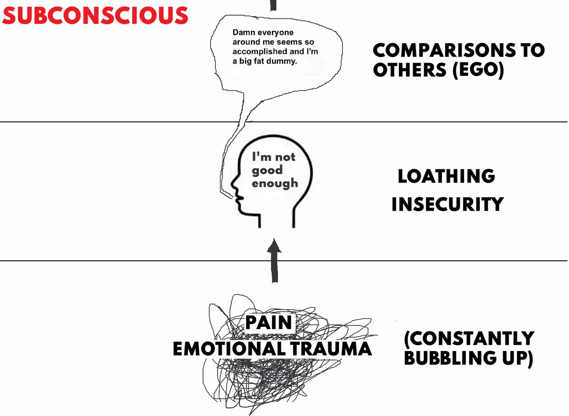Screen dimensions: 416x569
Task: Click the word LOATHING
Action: [x=446, y=177]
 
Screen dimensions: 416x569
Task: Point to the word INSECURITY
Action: [x=447, y=204]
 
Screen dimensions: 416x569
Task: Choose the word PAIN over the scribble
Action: [x=268, y=323]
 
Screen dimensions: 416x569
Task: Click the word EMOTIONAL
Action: [x=228, y=349]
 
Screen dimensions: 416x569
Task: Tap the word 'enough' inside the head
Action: [x=275, y=183]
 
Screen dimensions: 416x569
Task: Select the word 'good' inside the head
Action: [x=266, y=170]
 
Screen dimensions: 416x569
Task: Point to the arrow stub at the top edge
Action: [x=273, y=5]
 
